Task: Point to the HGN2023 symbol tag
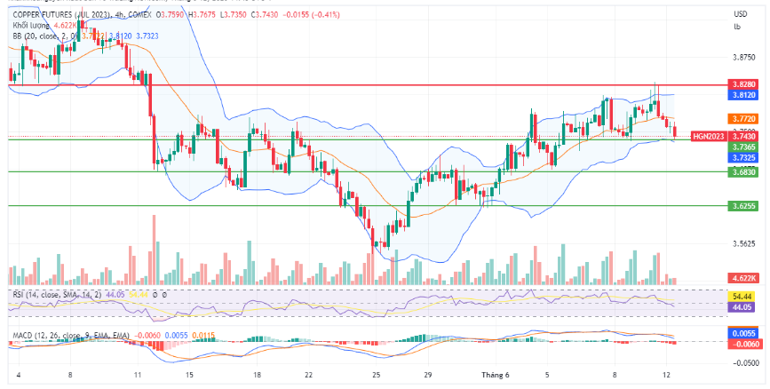click(x=709, y=136)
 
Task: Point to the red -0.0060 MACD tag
click(x=743, y=343)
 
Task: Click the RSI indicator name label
click(x=19, y=293)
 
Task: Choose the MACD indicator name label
click(x=22, y=335)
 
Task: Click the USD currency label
click(x=740, y=14)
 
